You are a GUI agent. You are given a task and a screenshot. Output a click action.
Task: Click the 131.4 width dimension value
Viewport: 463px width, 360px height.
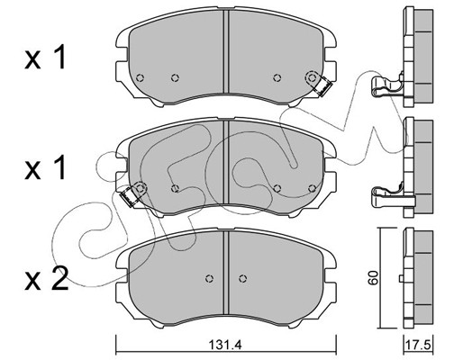(226, 346)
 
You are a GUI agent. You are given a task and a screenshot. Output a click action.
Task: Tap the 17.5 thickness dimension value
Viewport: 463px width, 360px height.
(418, 345)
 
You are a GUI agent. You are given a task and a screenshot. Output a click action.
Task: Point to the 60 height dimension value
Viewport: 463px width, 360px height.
(373, 277)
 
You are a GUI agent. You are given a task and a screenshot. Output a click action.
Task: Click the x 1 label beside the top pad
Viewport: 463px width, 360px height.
(45, 57)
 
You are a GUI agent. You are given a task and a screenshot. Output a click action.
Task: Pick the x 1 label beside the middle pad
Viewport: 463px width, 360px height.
(45, 168)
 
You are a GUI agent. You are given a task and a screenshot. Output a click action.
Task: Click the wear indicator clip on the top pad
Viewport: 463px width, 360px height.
(323, 87)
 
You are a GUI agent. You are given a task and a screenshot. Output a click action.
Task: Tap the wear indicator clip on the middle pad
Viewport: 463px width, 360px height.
(129, 196)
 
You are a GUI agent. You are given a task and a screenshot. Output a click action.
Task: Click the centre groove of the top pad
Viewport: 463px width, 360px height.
(226, 51)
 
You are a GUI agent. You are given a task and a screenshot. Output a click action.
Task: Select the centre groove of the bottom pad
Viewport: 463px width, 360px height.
(226, 273)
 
